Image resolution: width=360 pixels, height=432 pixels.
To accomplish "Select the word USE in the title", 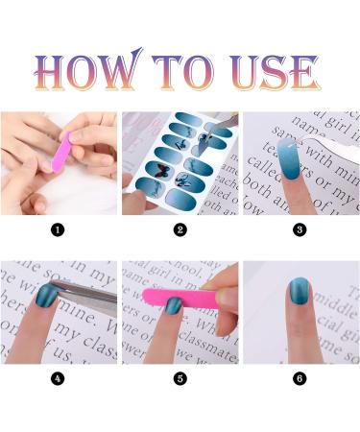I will coord(274,72).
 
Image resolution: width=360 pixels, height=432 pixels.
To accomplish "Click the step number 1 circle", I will coord(58,230).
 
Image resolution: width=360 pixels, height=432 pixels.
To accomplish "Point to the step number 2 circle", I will coord(180,230).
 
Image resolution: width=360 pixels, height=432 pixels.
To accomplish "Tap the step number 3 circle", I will coord(300,230).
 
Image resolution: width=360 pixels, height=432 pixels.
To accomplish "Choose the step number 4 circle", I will coord(58,379).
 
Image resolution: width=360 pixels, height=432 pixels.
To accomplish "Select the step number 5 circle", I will coord(180,379).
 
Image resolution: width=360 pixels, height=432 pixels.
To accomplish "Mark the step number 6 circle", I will coord(300,379).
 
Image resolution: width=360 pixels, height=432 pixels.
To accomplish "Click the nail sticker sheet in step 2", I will coord(187,158).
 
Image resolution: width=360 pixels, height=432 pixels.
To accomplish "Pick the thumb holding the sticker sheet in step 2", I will coord(134,197).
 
